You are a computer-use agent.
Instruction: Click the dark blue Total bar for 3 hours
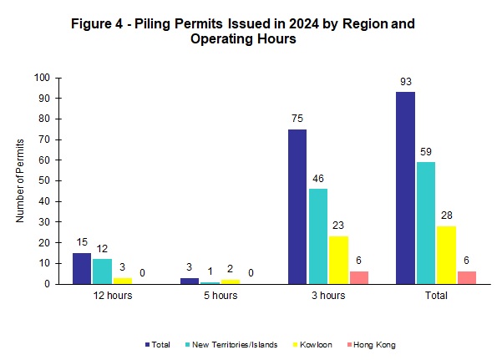[x=297, y=206]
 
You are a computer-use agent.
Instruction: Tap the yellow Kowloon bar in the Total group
[x=446, y=255]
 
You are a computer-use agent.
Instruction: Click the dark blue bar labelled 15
[x=81, y=268]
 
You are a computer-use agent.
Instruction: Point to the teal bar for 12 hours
[x=102, y=271]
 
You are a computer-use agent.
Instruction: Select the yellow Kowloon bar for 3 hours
[x=337, y=260]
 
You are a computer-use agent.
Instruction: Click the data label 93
[x=405, y=82]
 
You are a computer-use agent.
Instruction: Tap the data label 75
[x=297, y=119]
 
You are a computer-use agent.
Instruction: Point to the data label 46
[x=317, y=179]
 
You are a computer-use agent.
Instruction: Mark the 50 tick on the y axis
[x=55, y=180]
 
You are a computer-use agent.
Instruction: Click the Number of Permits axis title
[x=20, y=180]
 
